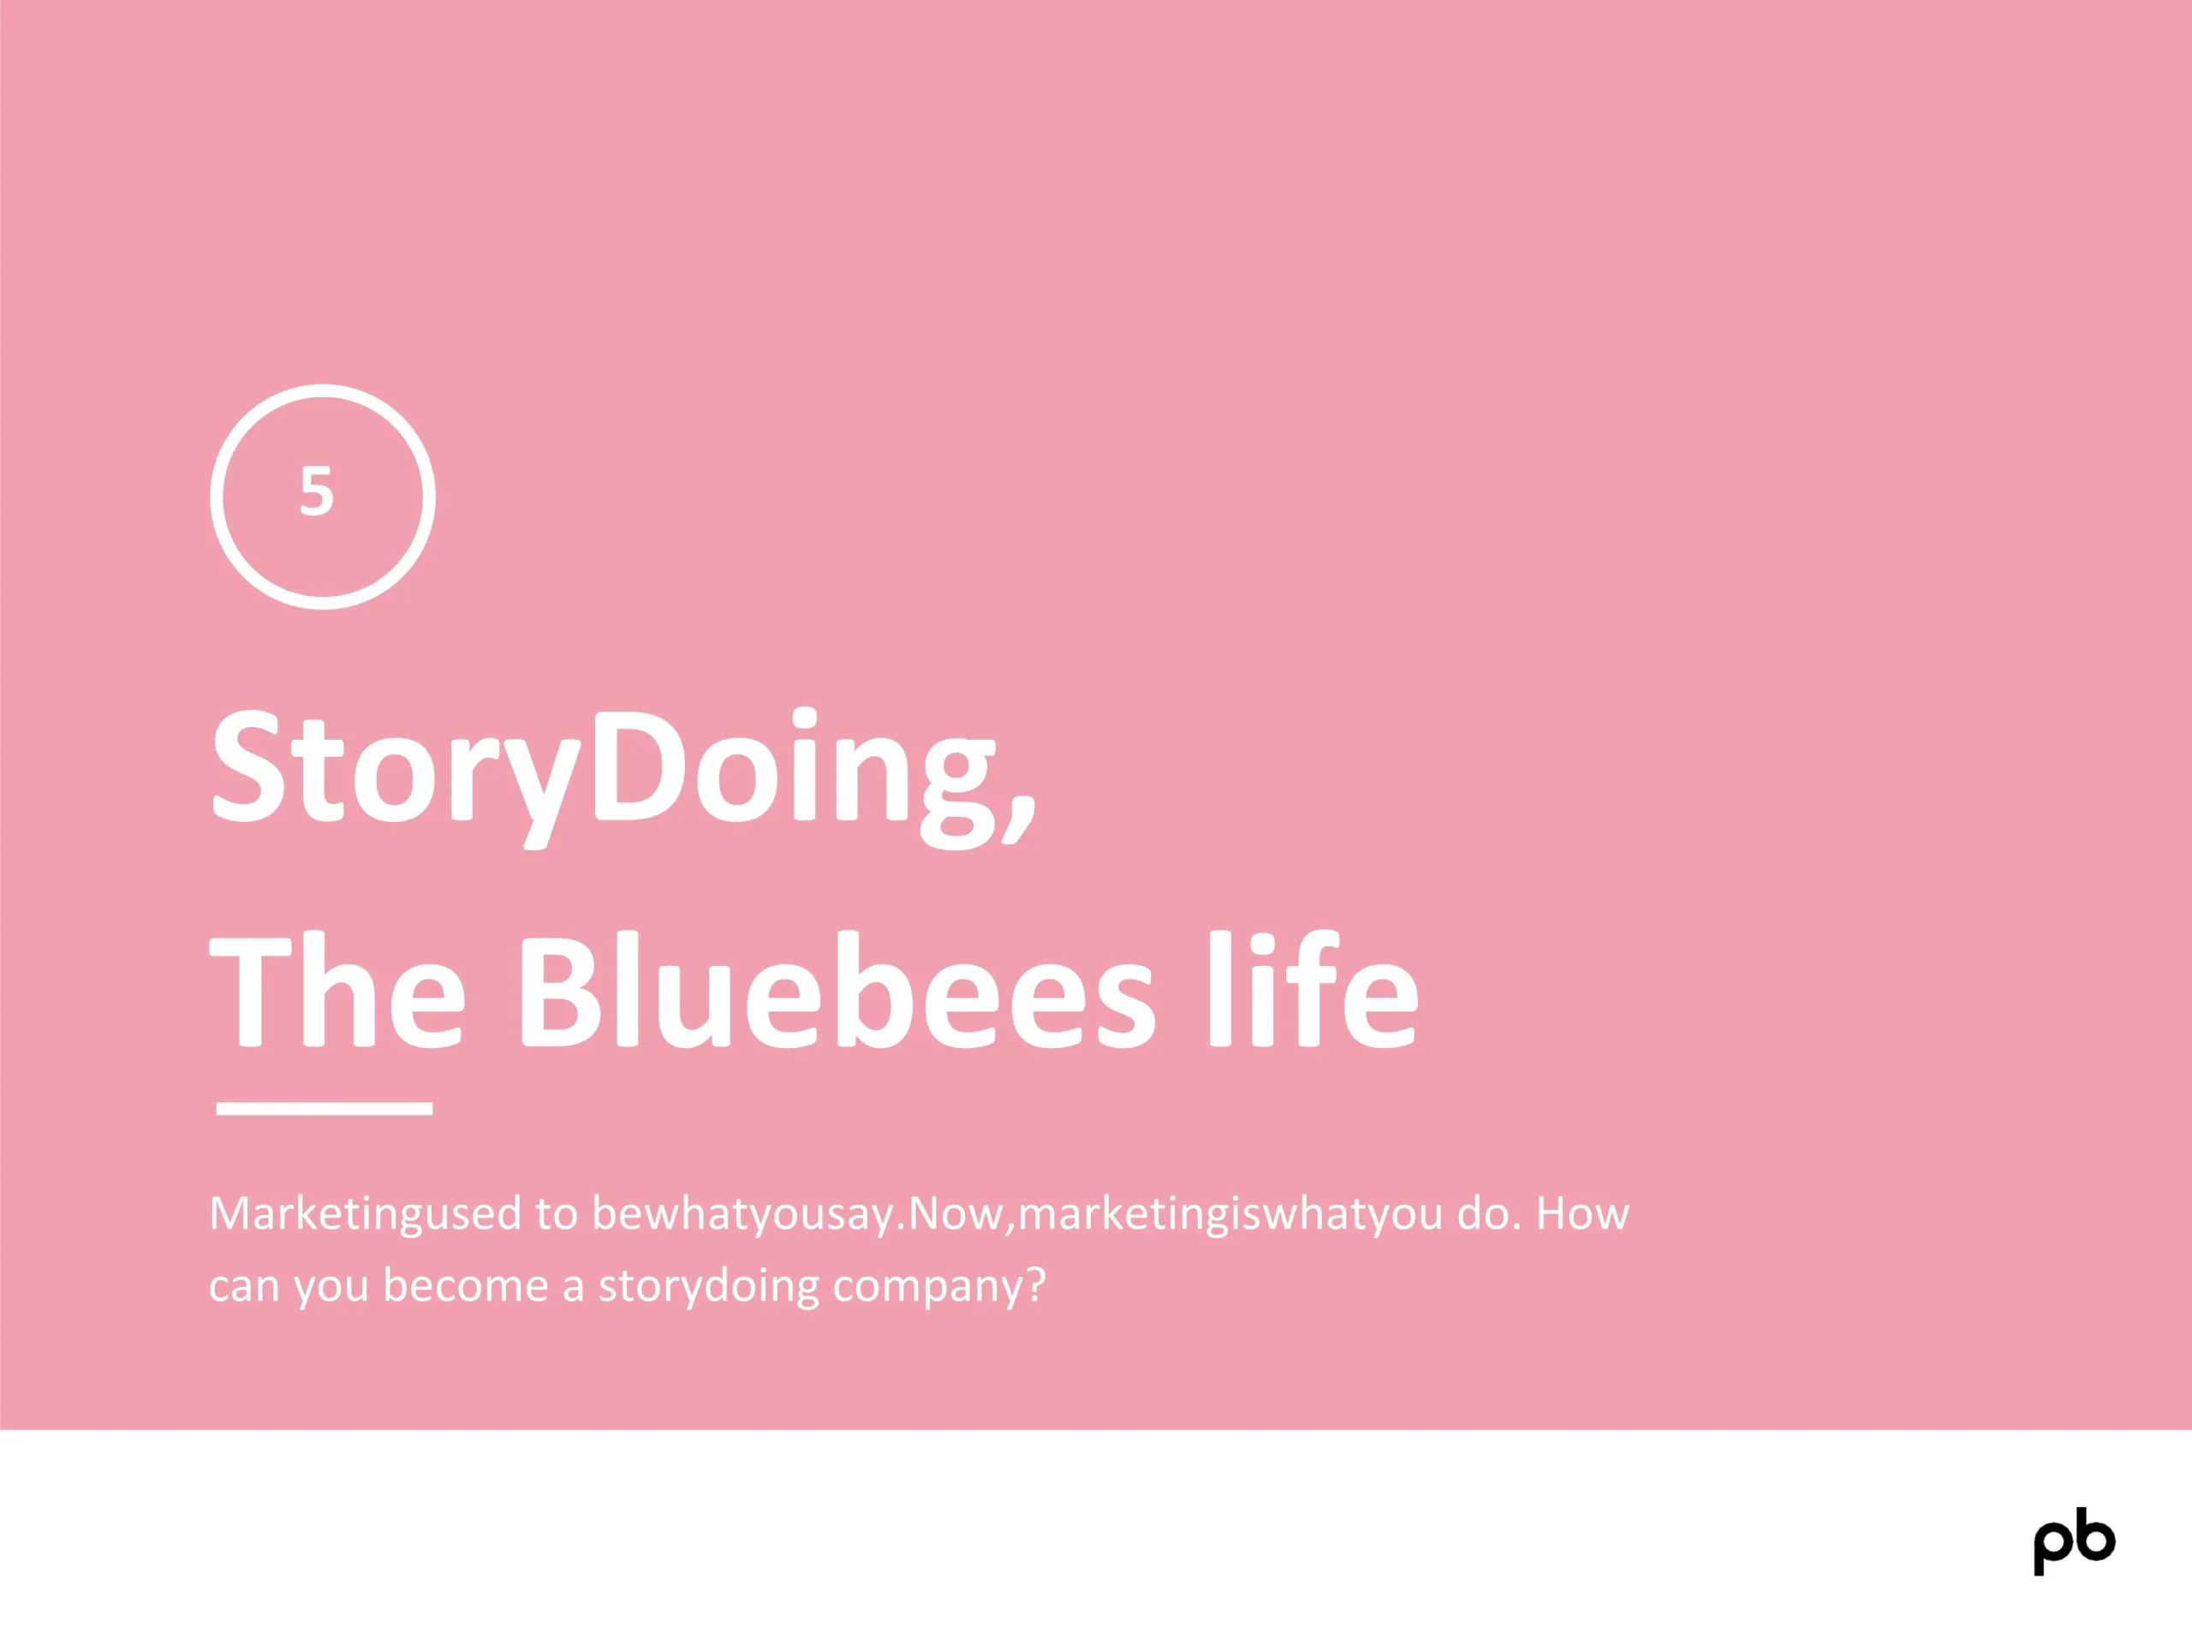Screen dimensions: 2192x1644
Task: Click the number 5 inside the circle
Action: [316, 491]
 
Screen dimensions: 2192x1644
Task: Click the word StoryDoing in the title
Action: [605, 776]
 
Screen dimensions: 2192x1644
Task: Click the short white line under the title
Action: [324, 1108]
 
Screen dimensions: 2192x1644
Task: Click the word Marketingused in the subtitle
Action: [365, 1215]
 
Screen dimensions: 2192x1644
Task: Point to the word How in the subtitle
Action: [1582, 1213]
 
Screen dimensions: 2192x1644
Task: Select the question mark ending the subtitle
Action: [1035, 1284]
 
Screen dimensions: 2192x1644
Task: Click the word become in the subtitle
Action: [466, 1284]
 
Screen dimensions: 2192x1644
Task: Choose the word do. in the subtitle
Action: [1488, 1213]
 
